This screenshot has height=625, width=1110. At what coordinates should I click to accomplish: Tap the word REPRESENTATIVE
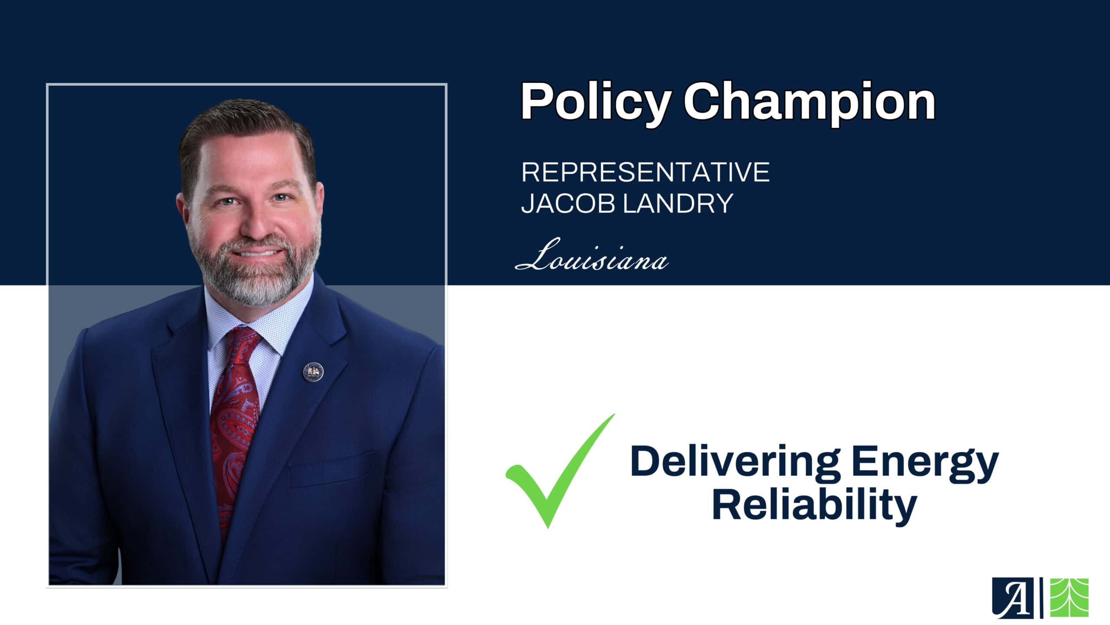coord(645,172)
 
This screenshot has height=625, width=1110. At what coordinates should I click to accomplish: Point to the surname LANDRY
coord(678,203)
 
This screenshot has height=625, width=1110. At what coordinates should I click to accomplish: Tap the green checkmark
coord(560,471)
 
